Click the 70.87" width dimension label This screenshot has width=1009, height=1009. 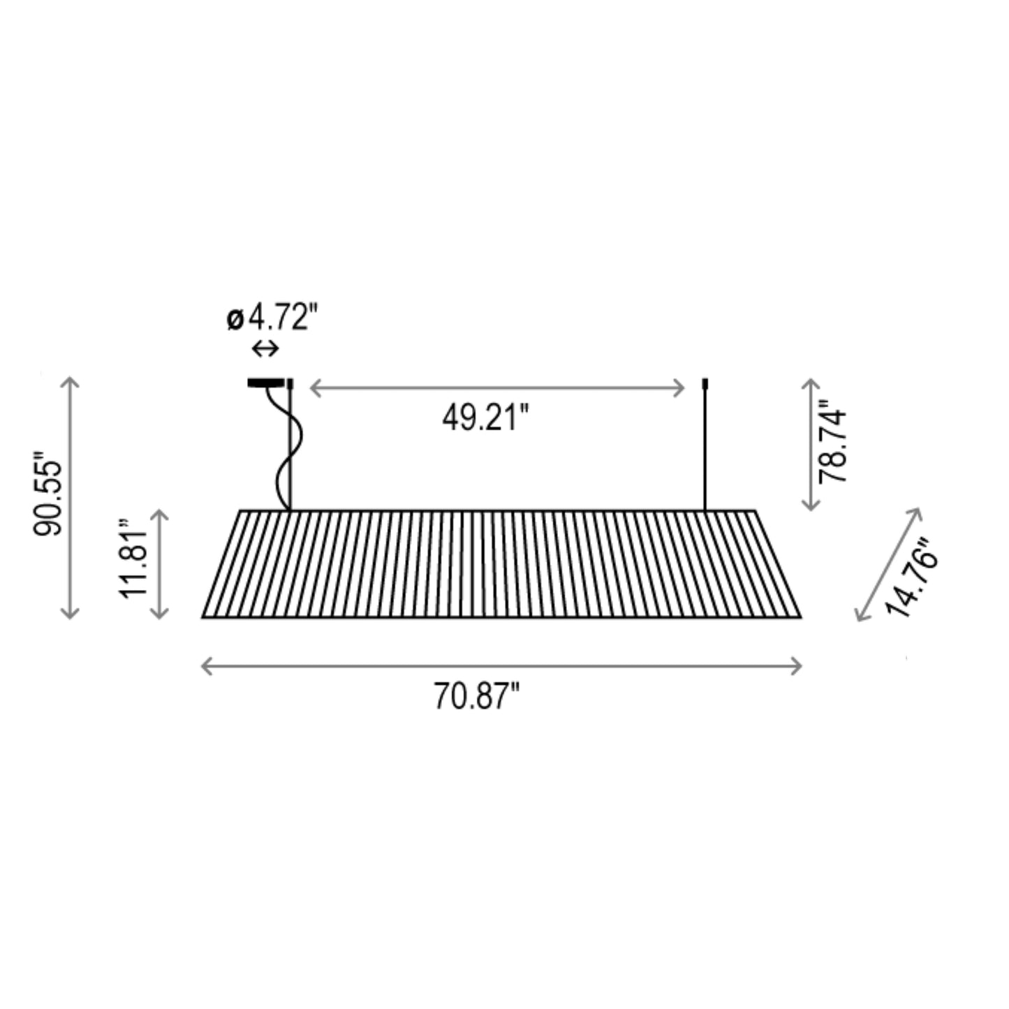point(476,696)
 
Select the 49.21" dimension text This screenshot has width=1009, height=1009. point(485,418)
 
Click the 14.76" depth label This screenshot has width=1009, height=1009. point(912,578)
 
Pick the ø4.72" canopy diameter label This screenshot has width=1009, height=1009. point(272,318)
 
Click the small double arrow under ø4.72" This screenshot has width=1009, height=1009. point(265,348)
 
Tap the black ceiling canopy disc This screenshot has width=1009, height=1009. point(266,383)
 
